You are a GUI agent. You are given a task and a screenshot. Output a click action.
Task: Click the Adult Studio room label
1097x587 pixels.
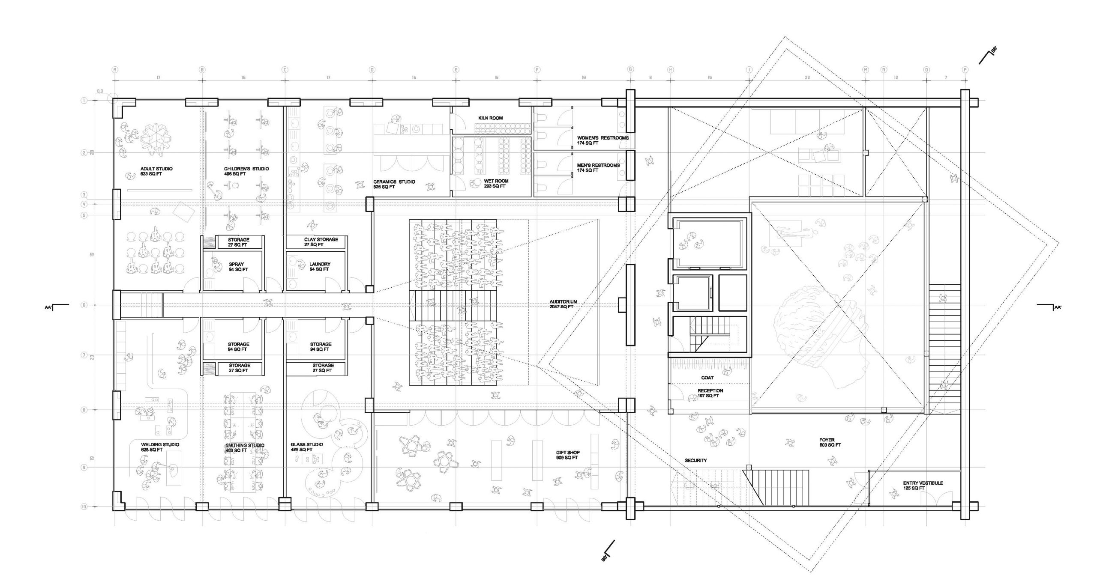[156, 171]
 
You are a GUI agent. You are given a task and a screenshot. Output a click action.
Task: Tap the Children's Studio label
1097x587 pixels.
[246, 171]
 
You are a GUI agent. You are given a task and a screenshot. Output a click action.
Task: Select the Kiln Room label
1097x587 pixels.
[491, 118]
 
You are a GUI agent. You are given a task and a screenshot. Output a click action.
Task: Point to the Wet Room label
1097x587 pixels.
[496, 183]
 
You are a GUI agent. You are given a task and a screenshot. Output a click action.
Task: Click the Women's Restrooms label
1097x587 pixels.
[602, 140]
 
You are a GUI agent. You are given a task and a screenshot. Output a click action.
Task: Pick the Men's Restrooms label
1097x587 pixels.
[598, 168]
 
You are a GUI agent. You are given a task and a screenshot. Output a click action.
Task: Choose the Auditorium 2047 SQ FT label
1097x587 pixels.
[563, 304]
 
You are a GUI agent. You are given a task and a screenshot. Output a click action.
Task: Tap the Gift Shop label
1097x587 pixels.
[568, 455]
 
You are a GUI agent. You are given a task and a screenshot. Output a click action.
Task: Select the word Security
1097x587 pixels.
[695, 460]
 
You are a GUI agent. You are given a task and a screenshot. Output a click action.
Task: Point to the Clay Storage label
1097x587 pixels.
[321, 242]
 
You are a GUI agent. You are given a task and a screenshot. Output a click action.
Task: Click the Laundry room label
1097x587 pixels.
[320, 267]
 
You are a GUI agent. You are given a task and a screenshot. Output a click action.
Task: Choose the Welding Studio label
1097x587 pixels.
[160, 447]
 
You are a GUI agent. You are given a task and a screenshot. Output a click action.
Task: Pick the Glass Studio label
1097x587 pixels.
[306, 447]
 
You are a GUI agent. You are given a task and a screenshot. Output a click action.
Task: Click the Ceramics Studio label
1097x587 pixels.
[394, 184]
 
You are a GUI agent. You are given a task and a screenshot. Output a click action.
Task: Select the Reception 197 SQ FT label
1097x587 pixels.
[710, 393]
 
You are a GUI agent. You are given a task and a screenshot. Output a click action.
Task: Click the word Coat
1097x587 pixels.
[707, 378]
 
